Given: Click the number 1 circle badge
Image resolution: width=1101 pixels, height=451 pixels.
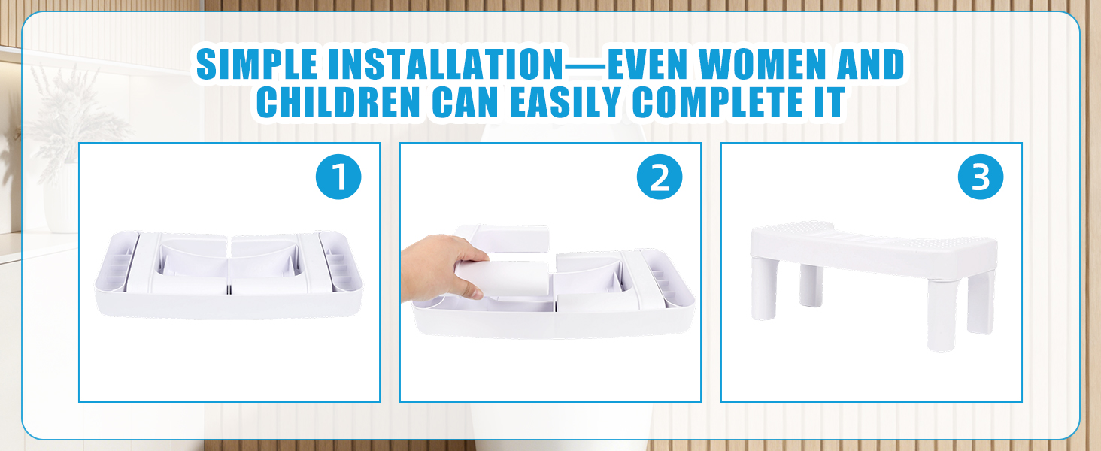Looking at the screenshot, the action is click(x=338, y=177).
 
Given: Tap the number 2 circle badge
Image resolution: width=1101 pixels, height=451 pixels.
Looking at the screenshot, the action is click(x=659, y=177).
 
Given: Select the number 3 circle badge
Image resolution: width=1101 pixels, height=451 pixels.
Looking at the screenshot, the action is click(x=981, y=177).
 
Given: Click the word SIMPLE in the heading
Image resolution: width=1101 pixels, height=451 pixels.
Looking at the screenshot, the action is click(x=256, y=65).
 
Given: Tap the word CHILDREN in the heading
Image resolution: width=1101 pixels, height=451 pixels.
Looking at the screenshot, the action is click(x=338, y=103).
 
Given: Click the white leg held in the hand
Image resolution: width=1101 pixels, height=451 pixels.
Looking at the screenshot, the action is click(x=506, y=279).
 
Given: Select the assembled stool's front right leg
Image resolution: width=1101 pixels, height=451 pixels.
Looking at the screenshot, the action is click(x=942, y=315).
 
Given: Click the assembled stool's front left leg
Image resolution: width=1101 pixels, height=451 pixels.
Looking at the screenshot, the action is click(x=764, y=289).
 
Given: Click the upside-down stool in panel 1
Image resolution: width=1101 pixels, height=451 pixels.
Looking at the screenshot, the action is click(x=229, y=274).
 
